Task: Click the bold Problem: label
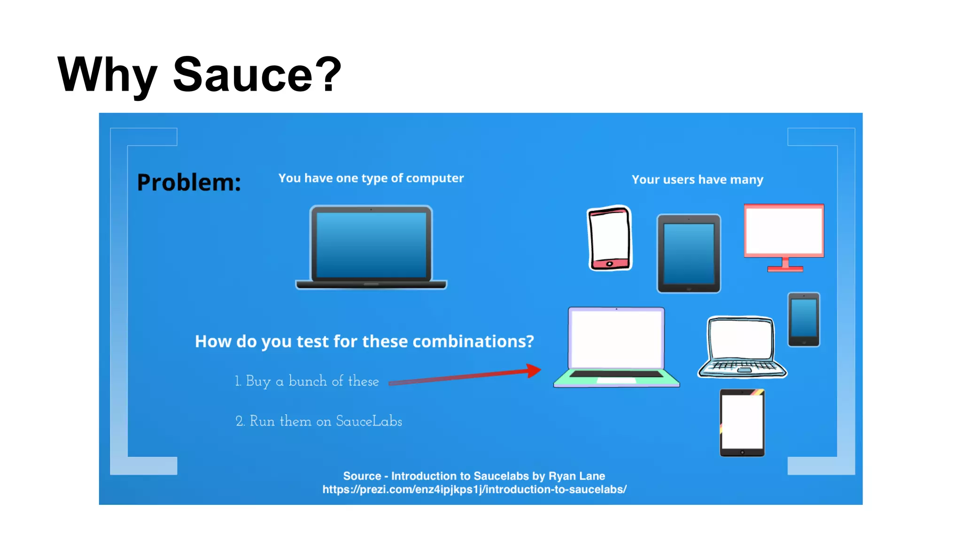click(189, 182)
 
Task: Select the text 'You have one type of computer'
click(371, 178)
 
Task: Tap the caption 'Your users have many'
click(697, 180)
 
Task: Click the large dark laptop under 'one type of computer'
click(371, 247)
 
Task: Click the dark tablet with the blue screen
click(689, 254)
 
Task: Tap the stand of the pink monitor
click(785, 265)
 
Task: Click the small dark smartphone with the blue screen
click(804, 319)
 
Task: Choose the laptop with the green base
click(616, 348)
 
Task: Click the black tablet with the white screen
click(742, 423)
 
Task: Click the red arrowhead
click(534, 371)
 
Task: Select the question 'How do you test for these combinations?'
click(365, 341)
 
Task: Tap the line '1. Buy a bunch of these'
click(307, 381)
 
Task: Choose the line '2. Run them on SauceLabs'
click(318, 421)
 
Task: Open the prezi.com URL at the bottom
click(474, 489)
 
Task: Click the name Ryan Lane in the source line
click(577, 476)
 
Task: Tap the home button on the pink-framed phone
click(609, 264)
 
